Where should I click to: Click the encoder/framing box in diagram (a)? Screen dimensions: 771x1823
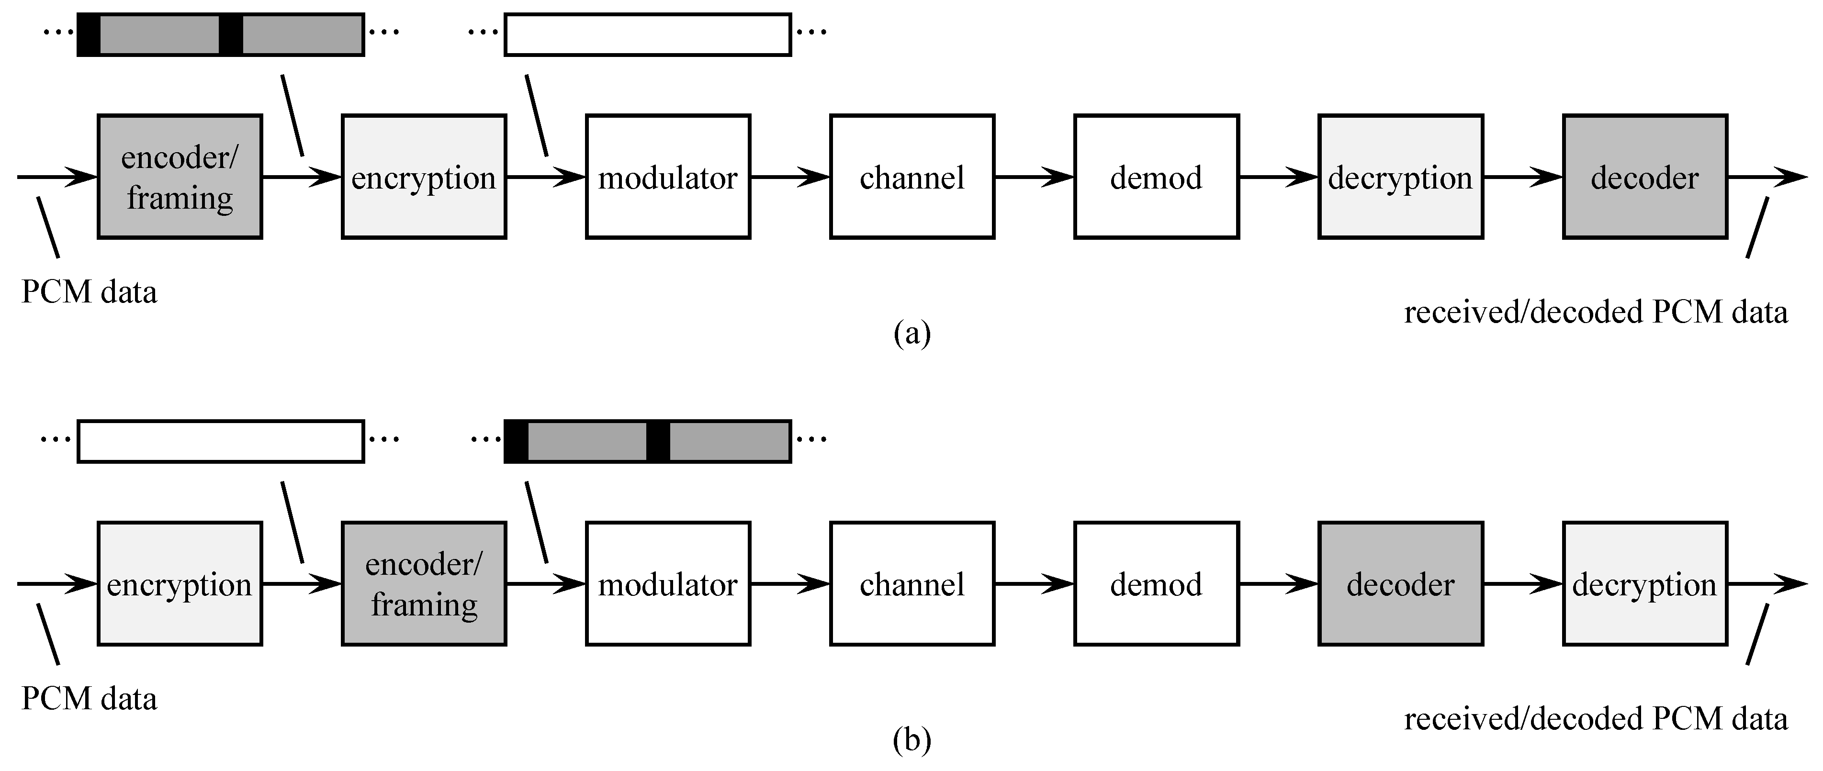pyautogui.click(x=180, y=177)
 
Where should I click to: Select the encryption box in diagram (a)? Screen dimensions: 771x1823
pyautogui.click(x=424, y=177)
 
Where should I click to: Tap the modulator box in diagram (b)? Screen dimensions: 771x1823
pyautogui.click(x=668, y=583)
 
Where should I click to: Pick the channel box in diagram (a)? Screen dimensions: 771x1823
pyautogui.click(x=912, y=177)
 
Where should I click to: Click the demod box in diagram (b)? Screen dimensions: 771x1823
pyautogui.click(x=1156, y=583)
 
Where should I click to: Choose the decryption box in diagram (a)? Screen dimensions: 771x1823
pyautogui.click(x=1400, y=177)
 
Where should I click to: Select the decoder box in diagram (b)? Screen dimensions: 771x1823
pyautogui.click(x=1400, y=583)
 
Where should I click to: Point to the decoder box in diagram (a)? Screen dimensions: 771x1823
pyautogui.click(x=1644, y=177)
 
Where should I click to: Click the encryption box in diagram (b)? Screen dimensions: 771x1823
pyautogui.click(x=180, y=583)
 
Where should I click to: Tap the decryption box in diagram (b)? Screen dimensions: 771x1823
pyautogui.click(x=1644, y=583)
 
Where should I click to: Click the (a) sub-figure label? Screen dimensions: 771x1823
pyautogui.click(x=911, y=333)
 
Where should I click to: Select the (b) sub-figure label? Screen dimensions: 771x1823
pyautogui.click(x=911, y=740)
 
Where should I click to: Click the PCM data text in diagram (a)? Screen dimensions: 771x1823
pyautogui.click(x=89, y=292)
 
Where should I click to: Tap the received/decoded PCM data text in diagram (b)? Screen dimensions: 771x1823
pyautogui.click(x=1595, y=719)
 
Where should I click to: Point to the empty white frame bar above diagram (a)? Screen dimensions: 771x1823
pyautogui.click(x=648, y=34)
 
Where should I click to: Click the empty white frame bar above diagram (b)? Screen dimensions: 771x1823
pyautogui.click(x=220, y=441)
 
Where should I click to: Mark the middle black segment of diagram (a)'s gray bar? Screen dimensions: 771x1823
pyautogui.click(x=231, y=34)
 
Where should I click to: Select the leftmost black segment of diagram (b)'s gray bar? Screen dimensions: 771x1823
pyautogui.click(x=517, y=441)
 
